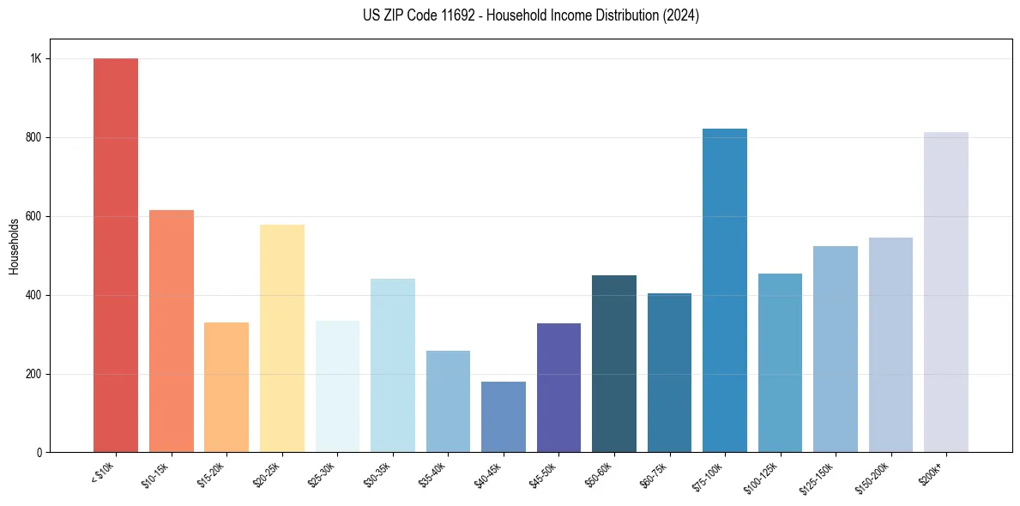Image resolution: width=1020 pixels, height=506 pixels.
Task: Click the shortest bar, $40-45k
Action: click(504, 417)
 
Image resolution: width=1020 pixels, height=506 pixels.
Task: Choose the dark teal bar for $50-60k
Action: click(614, 364)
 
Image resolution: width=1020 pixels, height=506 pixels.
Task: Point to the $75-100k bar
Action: click(725, 291)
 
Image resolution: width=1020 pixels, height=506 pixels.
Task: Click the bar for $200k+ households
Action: click(946, 292)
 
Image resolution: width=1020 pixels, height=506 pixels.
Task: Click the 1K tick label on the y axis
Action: click(35, 59)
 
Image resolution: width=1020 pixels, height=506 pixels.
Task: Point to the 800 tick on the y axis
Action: click(33, 138)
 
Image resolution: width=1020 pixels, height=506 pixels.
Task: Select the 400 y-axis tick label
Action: click(33, 295)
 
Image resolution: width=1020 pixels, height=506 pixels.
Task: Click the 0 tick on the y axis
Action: click(39, 453)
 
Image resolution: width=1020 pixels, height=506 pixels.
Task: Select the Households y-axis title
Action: click(15, 246)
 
